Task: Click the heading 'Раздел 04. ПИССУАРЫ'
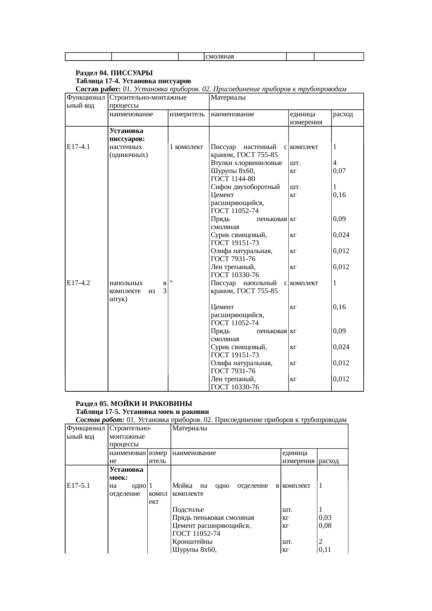[x=114, y=73]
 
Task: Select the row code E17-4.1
[x=78, y=147]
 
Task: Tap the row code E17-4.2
[x=78, y=283]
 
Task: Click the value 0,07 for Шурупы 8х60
[x=339, y=171]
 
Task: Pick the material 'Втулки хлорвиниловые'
[x=246, y=163]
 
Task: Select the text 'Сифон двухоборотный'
[x=245, y=187]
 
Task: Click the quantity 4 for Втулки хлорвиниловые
[x=335, y=163]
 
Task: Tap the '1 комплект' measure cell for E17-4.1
[x=186, y=147]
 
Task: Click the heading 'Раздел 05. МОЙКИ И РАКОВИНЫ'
[x=134, y=404]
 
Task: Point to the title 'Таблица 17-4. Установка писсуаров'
[x=133, y=81]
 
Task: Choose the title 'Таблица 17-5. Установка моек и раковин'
[x=142, y=412]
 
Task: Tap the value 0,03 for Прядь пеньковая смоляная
[x=325, y=518]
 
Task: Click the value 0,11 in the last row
[x=325, y=550]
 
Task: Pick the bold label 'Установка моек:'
[x=126, y=473]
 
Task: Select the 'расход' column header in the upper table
[x=343, y=114]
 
